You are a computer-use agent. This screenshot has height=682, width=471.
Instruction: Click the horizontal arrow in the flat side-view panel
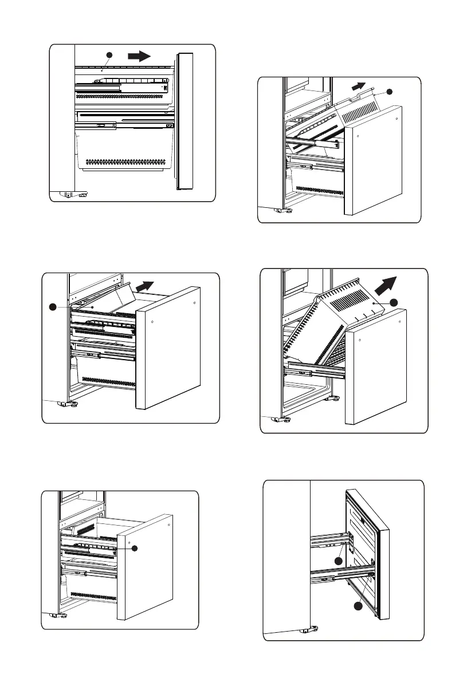[x=139, y=56]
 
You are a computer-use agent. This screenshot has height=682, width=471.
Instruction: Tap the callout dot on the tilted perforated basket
[x=393, y=302]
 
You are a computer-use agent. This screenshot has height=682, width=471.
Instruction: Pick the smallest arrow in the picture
[x=359, y=86]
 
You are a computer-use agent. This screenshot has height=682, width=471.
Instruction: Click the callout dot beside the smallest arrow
[x=390, y=92]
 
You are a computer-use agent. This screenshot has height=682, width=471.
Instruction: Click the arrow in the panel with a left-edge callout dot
[x=146, y=286]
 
